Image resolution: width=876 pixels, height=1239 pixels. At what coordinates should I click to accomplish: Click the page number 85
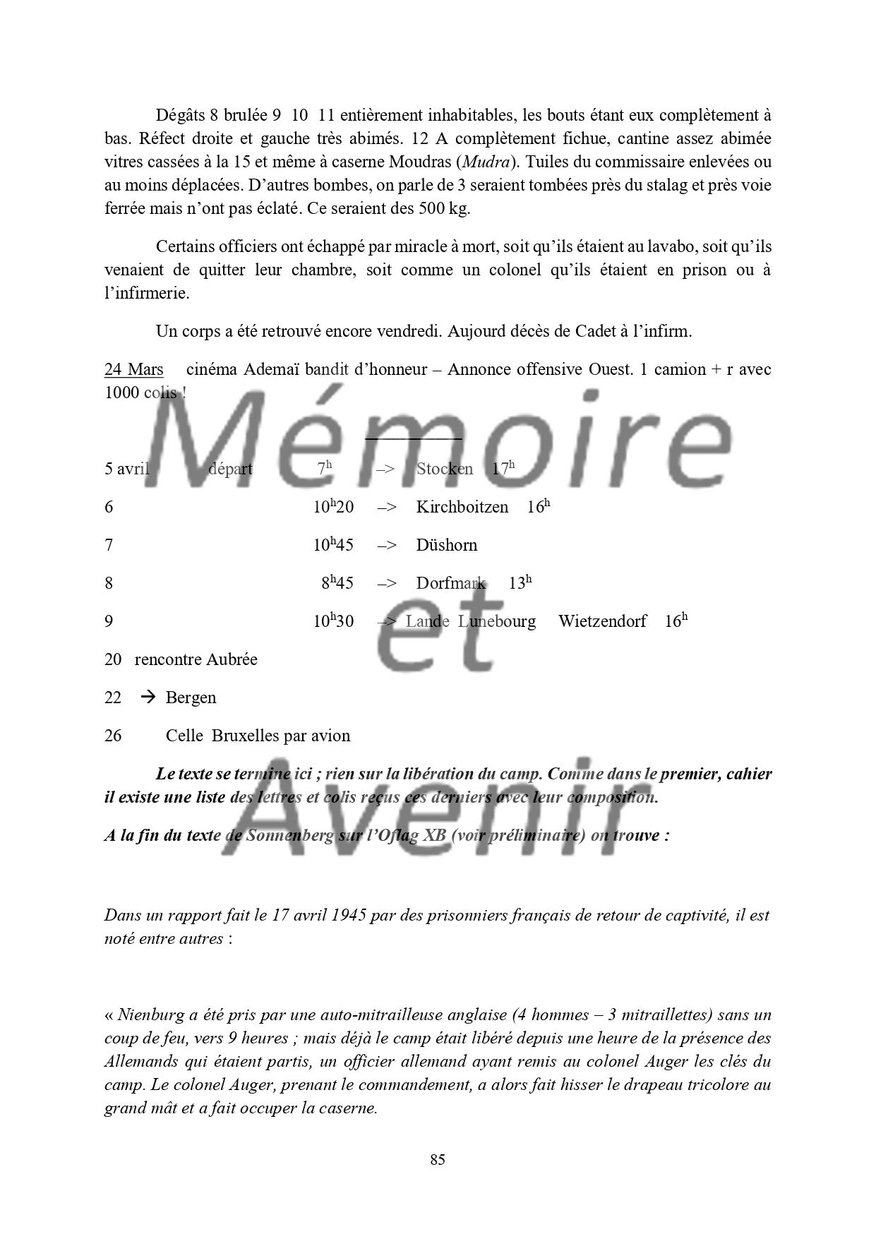437,1160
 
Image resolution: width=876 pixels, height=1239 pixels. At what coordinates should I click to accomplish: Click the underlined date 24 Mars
134,369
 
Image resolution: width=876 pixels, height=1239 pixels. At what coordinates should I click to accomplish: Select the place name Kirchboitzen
462,507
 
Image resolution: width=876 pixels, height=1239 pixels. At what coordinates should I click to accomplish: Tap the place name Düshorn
446,545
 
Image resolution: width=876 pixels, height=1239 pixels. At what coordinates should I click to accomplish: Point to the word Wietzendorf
602,621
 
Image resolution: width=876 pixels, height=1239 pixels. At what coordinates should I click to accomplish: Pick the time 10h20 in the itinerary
333,507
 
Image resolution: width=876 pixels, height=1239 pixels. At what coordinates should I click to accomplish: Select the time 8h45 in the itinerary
337,583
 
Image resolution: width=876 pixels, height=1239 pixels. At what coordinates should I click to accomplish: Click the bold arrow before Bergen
148,698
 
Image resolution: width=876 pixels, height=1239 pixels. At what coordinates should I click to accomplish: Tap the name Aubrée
231,659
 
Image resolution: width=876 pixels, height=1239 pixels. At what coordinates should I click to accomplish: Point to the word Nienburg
148,1015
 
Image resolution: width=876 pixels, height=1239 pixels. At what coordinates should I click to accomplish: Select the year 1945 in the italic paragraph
347,916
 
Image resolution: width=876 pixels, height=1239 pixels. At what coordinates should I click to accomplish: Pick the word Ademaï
272,369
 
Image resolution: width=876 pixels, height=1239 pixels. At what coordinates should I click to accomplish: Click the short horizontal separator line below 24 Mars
414,438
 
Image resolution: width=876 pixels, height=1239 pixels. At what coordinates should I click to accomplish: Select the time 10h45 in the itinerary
333,545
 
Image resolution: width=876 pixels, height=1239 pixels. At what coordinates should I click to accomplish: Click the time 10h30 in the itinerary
333,621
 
